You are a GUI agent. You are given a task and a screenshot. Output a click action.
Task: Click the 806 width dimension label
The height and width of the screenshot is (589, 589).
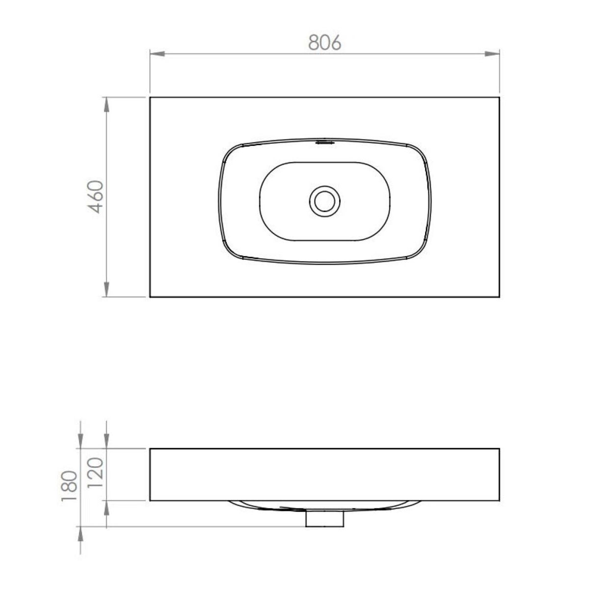[x=324, y=42]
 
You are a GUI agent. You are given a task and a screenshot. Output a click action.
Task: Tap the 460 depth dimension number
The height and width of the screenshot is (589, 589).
[x=95, y=197]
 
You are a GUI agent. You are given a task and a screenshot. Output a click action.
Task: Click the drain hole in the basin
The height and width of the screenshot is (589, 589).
[x=324, y=201]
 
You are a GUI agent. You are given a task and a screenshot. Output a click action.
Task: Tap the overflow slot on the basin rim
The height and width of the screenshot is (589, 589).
[x=325, y=142]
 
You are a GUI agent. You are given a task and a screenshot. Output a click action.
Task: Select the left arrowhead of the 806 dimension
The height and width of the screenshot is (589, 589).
[x=157, y=54]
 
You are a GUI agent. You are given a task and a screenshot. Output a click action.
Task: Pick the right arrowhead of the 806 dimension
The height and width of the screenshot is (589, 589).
[x=492, y=54]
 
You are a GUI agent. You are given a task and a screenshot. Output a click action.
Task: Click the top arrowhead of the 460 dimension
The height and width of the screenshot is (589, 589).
[x=106, y=105]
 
